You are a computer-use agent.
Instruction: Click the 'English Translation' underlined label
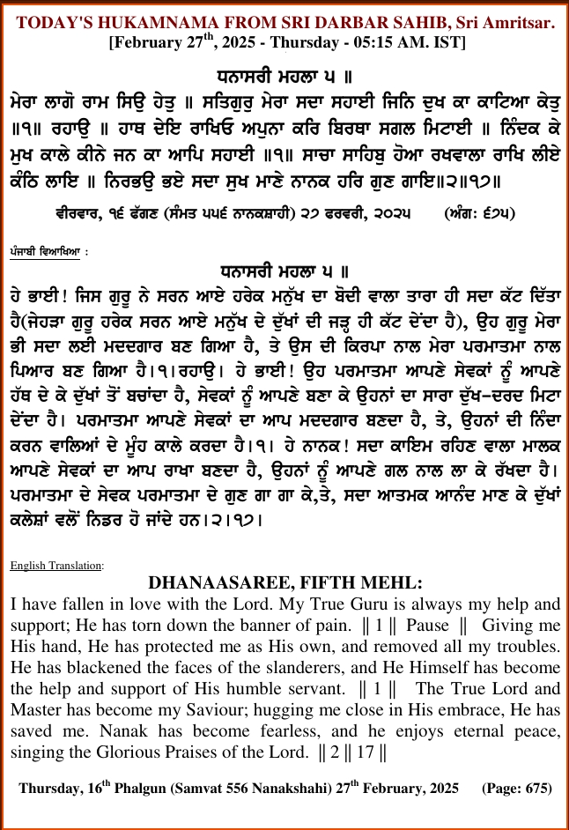tap(57, 564)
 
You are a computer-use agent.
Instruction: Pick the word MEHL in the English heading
tap(394, 582)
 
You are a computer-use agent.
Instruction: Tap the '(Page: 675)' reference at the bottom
tap(515, 788)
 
